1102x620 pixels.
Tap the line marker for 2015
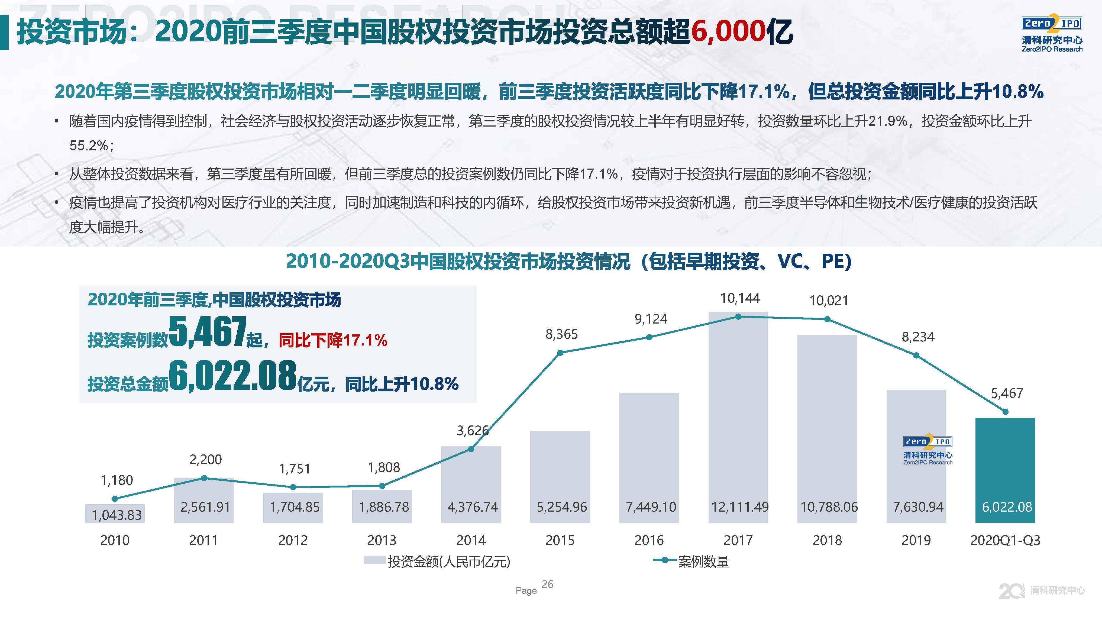(x=560, y=353)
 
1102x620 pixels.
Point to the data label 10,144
(x=740, y=298)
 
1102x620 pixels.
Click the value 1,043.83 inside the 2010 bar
(x=116, y=515)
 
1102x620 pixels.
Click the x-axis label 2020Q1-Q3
(x=1005, y=540)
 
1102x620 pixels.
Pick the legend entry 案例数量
(x=703, y=561)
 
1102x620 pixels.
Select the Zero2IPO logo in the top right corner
(x=1052, y=34)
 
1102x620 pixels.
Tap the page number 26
(x=548, y=585)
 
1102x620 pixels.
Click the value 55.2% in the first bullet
(x=89, y=146)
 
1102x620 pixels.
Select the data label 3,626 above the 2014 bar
(x=472, y=430)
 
